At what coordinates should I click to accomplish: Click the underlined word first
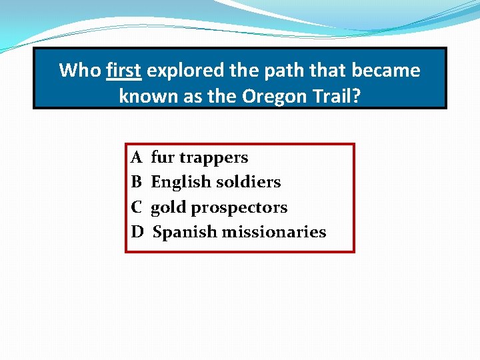point(123,71)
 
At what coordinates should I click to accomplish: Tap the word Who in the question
point(80,71)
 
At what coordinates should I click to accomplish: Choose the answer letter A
point(137,158)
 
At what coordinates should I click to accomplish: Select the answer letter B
point(137,182)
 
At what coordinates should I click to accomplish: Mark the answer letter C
point(137,207)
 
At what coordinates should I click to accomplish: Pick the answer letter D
point(137,232)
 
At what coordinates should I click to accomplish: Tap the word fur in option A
point(161,158)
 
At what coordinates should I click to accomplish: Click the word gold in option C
point(169,207)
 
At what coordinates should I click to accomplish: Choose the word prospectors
point(239,208)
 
